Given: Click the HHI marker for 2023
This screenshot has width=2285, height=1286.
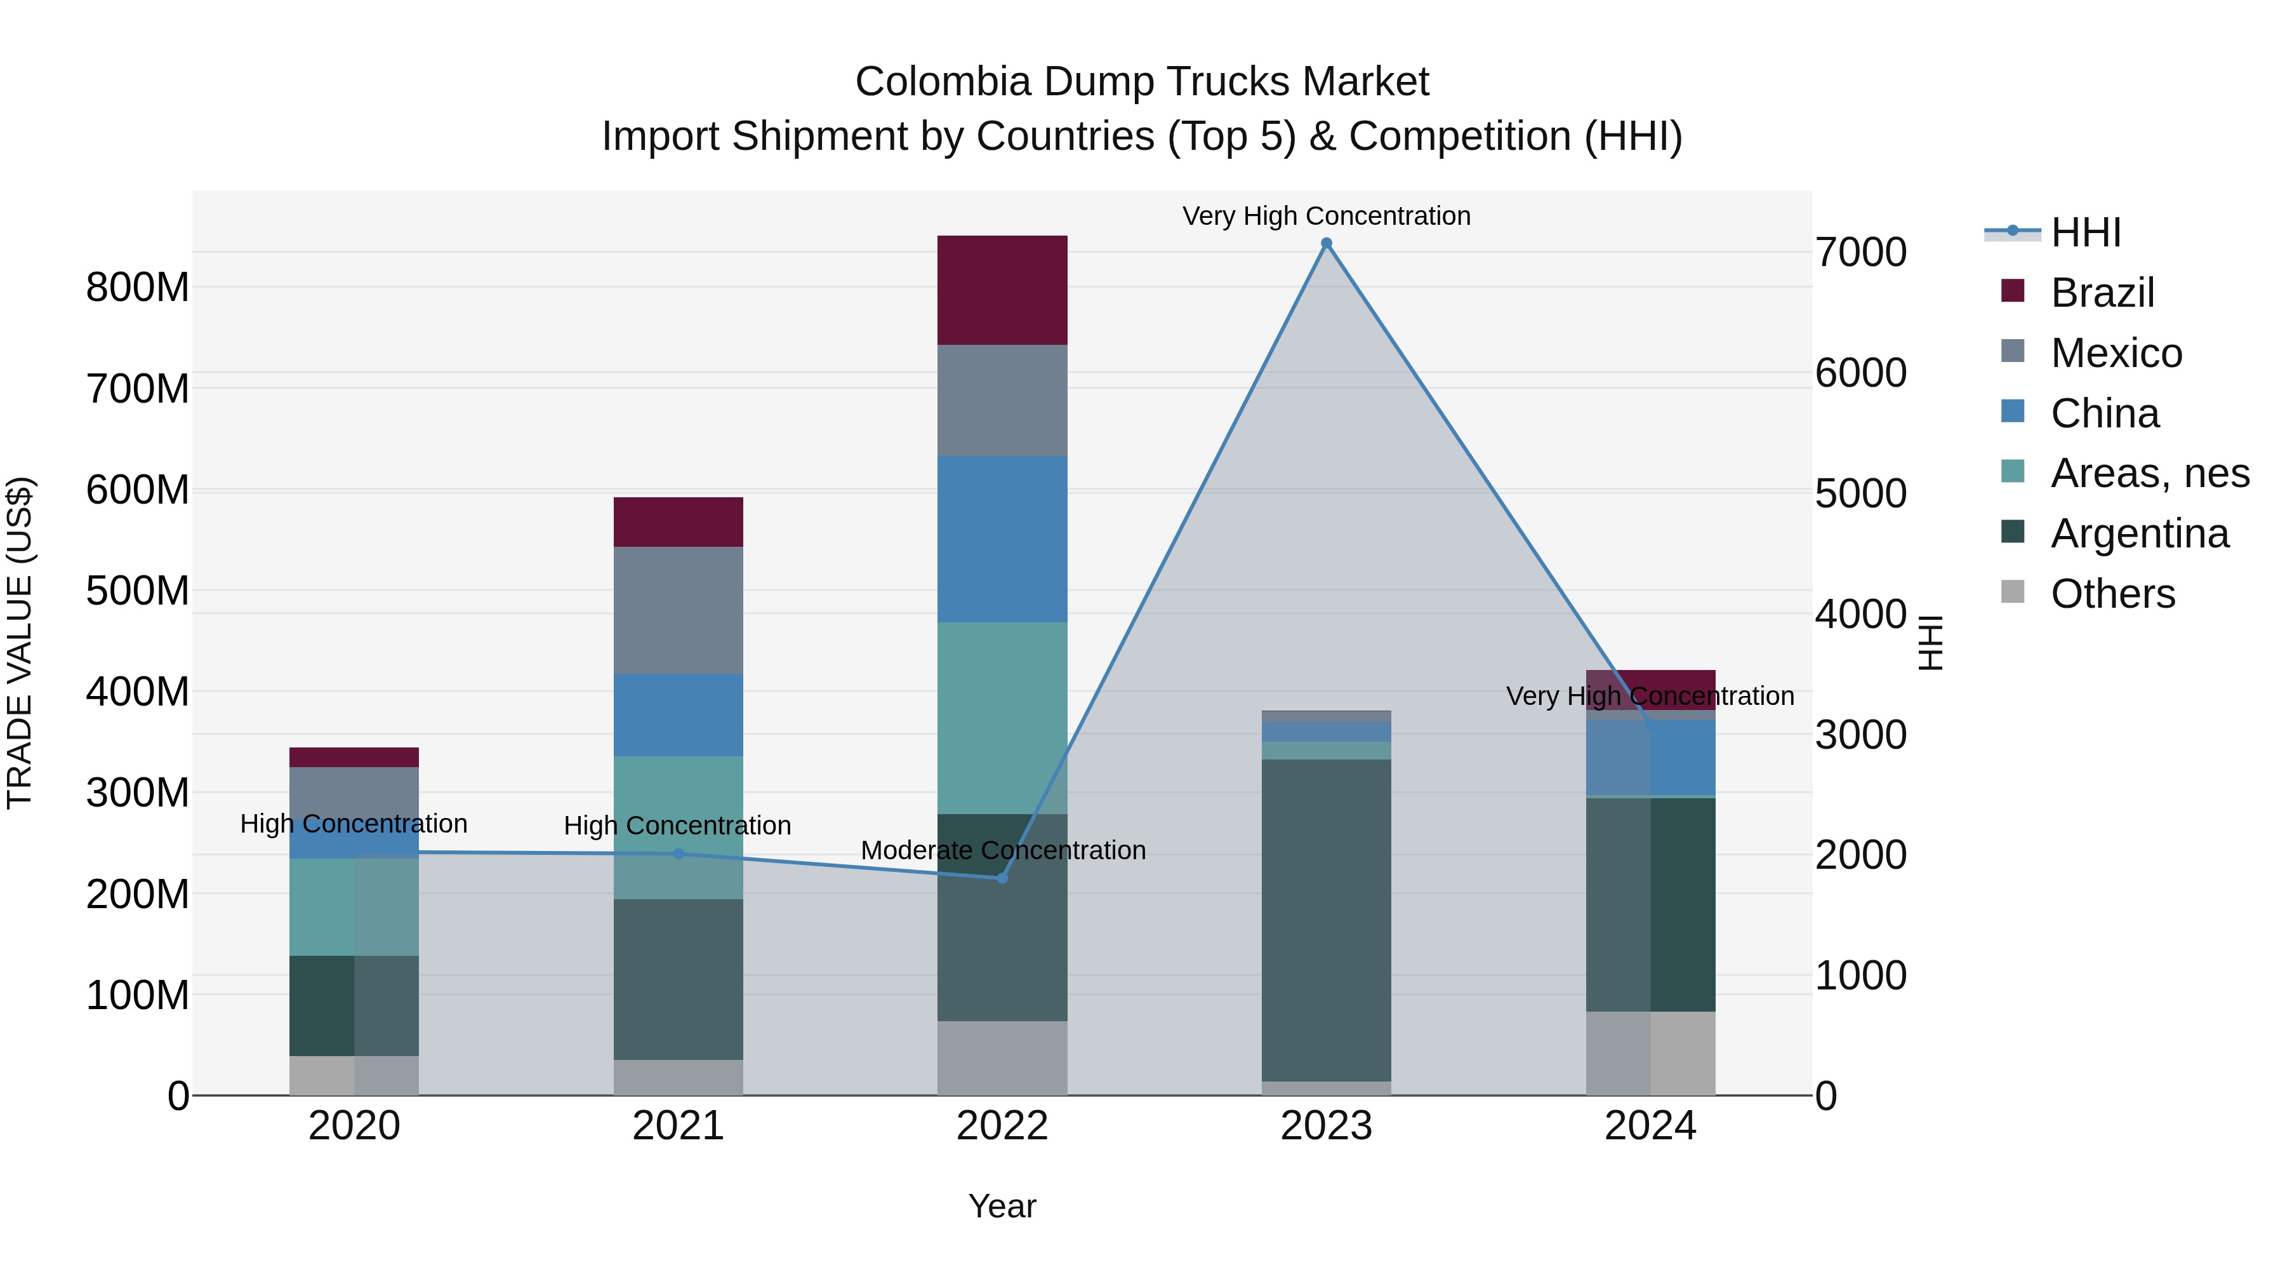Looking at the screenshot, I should click(1326, 243).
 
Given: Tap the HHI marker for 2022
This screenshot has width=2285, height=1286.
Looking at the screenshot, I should click(1002, 878).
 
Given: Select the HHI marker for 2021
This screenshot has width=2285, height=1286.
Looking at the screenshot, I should click(679, 854).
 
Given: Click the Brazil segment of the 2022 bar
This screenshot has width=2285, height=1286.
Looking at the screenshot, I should click(1002, 290).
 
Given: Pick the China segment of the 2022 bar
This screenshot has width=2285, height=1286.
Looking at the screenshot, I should click(1002, 539).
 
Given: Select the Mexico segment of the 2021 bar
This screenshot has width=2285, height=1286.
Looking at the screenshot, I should click(679, 610).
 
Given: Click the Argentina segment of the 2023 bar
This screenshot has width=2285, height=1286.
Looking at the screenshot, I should click(1326, 920).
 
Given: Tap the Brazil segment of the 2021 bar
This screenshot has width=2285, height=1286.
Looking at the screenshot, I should click(679, 522).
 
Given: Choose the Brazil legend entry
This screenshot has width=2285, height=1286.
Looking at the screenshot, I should click(2102, 293).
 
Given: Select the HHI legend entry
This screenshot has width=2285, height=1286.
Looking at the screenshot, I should click(2084, 232).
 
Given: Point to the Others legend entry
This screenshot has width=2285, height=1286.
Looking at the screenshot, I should click(2111, 594).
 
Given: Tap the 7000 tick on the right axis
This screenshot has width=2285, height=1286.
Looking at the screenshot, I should click(1860, 253).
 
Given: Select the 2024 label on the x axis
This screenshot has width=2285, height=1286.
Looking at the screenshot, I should click(1650, 1126).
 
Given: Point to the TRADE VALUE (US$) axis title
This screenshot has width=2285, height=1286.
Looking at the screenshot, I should click(20, 643).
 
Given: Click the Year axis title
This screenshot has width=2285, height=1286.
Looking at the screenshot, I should click(1002, 1206).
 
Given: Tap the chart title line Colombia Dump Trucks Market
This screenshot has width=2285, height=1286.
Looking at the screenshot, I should click(1142, 82).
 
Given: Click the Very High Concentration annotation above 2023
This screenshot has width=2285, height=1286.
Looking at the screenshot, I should click(1326, 216).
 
